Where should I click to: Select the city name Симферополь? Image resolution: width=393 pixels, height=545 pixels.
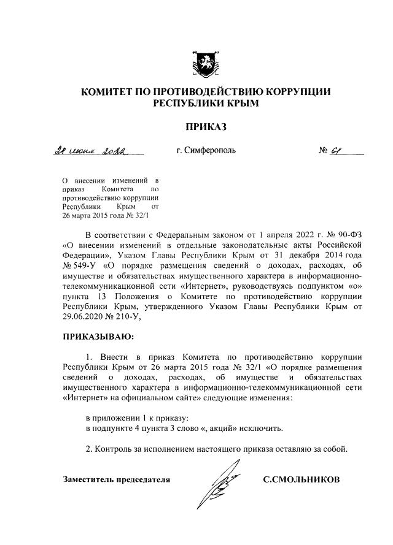click(x=206, y=150)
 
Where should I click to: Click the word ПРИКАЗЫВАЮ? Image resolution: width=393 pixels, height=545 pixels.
click(x=98, y=337)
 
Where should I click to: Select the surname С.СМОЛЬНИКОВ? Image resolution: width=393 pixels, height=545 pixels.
click(x=301, y=479)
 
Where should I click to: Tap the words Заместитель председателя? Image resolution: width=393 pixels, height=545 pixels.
click(x=117, y=479)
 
